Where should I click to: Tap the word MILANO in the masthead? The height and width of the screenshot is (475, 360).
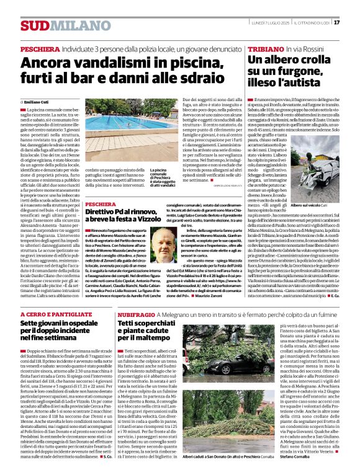[70, 25]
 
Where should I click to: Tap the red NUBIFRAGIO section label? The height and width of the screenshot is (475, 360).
[137, 315]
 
